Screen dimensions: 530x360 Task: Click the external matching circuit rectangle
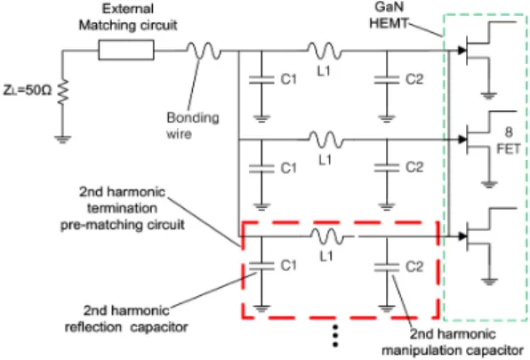click(126, 50)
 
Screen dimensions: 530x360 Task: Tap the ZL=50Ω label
click(28, 90)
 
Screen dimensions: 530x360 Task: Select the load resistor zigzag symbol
click(62, 92)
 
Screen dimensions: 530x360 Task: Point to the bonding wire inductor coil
click(204, 51)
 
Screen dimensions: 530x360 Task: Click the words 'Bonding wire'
click(193, 125)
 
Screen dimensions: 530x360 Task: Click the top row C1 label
click(288, 79)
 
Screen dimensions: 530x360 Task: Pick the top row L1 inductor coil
click(325, 51)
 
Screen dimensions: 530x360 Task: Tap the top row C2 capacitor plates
click(387, 80)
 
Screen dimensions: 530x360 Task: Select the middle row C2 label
click(414, 167)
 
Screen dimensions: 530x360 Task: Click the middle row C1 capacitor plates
click(261, 169)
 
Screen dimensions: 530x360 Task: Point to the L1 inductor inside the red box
click(327, 236)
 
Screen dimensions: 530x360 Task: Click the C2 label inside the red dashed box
click(414, 267)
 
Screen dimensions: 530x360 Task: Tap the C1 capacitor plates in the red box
click(261, 266)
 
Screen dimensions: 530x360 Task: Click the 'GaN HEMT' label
click(389, 15)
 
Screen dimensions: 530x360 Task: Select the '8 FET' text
click(508, 140)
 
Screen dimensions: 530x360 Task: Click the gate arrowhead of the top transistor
click(462, 51)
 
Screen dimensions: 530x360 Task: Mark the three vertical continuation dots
click(335, 336)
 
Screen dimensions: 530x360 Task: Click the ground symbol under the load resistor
click(62, 139)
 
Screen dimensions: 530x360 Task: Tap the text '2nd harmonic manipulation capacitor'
click(453, 341)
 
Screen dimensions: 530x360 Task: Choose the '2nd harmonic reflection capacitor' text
click(126, 318)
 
